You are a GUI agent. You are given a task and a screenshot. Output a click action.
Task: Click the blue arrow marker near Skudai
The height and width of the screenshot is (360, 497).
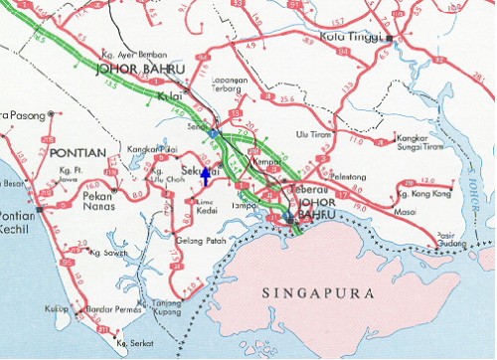coord(206,177)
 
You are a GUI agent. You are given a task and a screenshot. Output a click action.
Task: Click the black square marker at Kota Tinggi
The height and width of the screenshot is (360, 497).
coord(392,39)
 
